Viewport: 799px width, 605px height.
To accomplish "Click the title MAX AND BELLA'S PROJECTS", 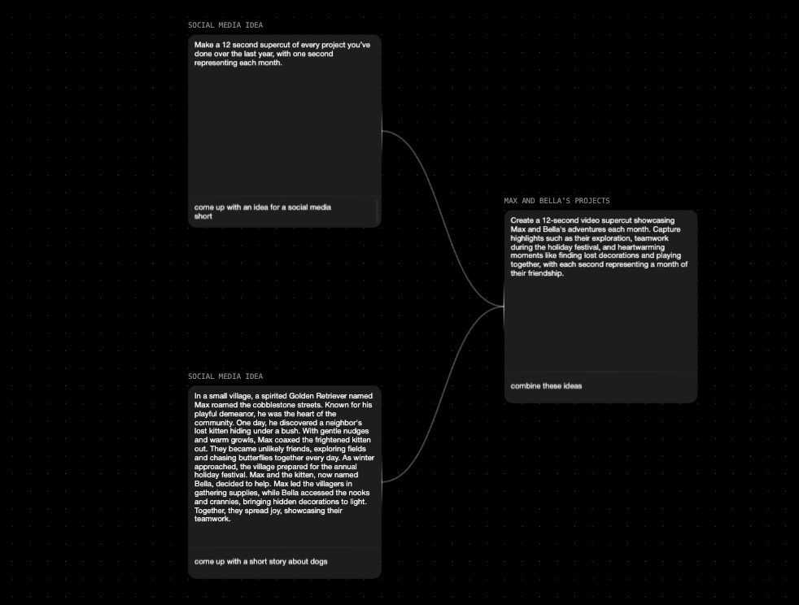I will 557,201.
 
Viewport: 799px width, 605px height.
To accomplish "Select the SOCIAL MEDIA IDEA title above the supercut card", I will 225,25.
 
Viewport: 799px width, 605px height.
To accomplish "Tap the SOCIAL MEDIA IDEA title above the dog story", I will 225,376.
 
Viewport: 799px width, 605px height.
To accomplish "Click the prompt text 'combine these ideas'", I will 546,386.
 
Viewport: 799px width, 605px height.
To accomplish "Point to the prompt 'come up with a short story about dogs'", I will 261,562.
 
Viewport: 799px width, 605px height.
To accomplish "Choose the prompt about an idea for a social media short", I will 262,211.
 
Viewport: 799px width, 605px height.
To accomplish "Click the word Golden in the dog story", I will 304,396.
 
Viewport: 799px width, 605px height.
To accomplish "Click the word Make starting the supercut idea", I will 203,45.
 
